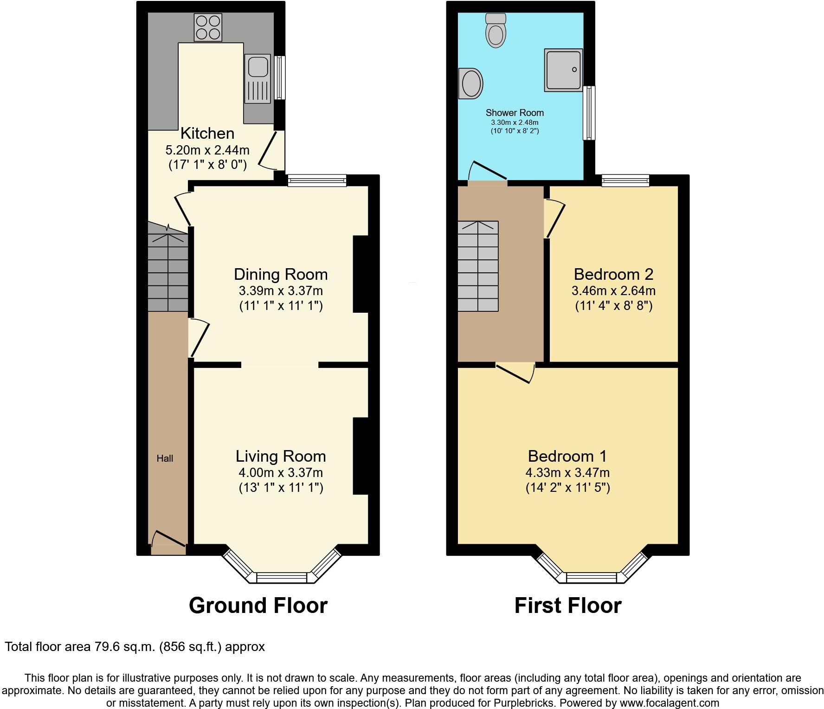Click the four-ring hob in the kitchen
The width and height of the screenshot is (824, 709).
point(208,27)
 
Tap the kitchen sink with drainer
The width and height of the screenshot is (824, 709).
point(258,79)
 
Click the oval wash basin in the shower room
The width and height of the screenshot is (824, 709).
point(471,84)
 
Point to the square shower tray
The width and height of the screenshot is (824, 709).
point(563,70)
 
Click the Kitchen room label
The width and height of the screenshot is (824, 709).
point(207,134)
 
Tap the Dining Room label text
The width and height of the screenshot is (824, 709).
point(281,274)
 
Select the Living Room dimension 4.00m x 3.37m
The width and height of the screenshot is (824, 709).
point(281,473)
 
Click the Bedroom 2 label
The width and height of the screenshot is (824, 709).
point(613,274)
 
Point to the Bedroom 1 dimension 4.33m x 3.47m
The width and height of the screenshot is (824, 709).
point(567,473)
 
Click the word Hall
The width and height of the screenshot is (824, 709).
point(165,458)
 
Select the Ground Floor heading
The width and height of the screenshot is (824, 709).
point(258,606)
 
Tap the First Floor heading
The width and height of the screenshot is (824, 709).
point(567,606)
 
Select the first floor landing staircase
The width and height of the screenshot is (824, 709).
point(478,266)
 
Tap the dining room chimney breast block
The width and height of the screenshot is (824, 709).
point(360,274)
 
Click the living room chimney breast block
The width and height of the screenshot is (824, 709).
point(360,456)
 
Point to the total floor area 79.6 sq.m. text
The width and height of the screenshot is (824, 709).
point(135,647)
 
